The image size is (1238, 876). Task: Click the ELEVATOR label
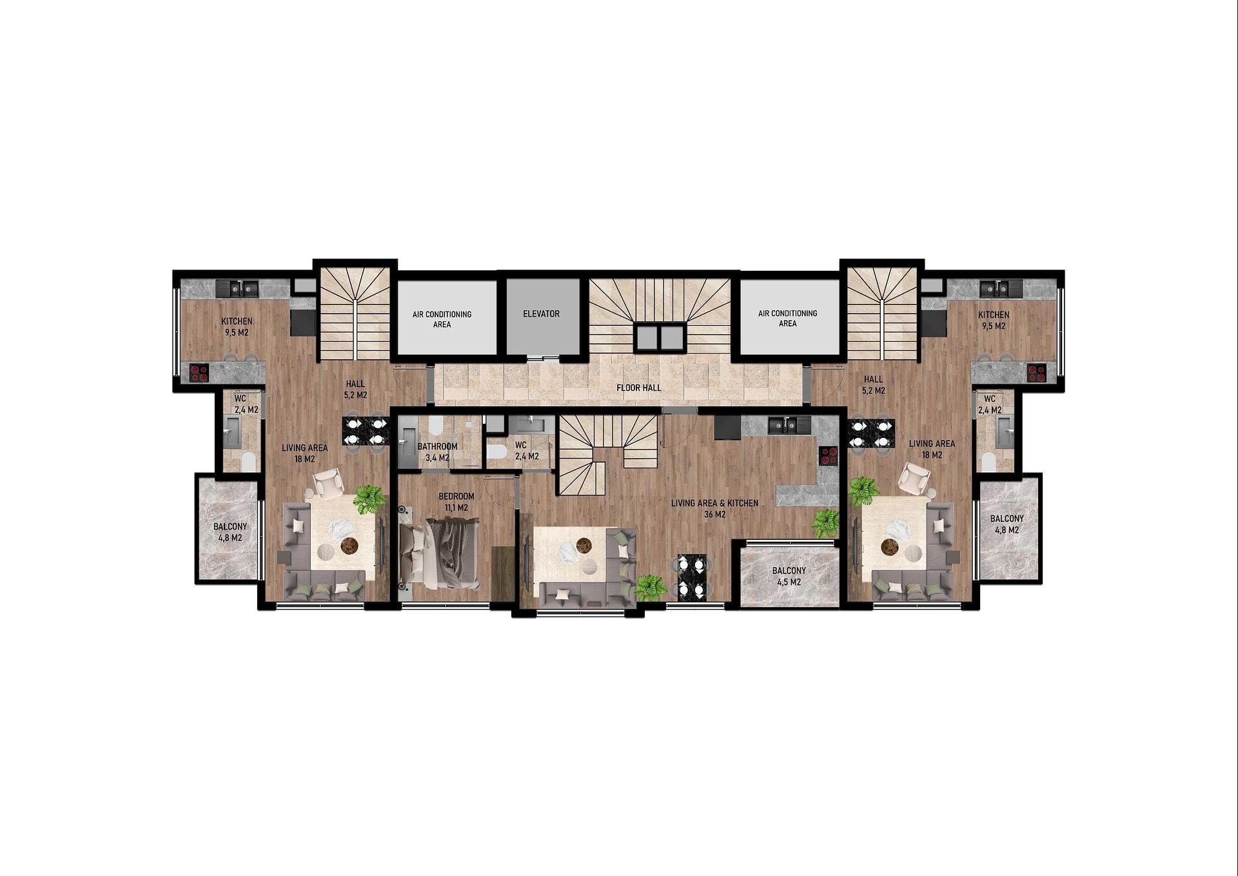pos(541,314)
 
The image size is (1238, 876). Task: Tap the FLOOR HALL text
pos(638,388)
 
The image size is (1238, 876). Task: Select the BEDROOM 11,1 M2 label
pos(456,502)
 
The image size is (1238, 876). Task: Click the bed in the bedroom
pos(439,553)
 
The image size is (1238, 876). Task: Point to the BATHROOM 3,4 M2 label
pos(437,452)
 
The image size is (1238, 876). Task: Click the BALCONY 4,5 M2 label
pos(789,576)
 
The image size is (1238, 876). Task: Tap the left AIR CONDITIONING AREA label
pos(442,319)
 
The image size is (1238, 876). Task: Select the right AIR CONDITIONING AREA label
pos(787,318)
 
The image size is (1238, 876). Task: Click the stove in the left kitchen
pos(199,373)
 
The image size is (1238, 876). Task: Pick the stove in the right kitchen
pos(1036,372)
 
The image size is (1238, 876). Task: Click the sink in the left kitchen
pos(237,288)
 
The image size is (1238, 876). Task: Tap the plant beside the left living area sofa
pos(369,499)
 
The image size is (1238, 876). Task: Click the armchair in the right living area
pos(914,479)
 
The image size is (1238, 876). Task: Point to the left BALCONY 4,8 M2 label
pos(230,532)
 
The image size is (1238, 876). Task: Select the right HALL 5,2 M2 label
pos(874,385)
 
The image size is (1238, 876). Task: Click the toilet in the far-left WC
pos(248,461)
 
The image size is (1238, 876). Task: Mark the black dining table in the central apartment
pos(691,577)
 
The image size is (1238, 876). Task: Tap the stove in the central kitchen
pos(828,455)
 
